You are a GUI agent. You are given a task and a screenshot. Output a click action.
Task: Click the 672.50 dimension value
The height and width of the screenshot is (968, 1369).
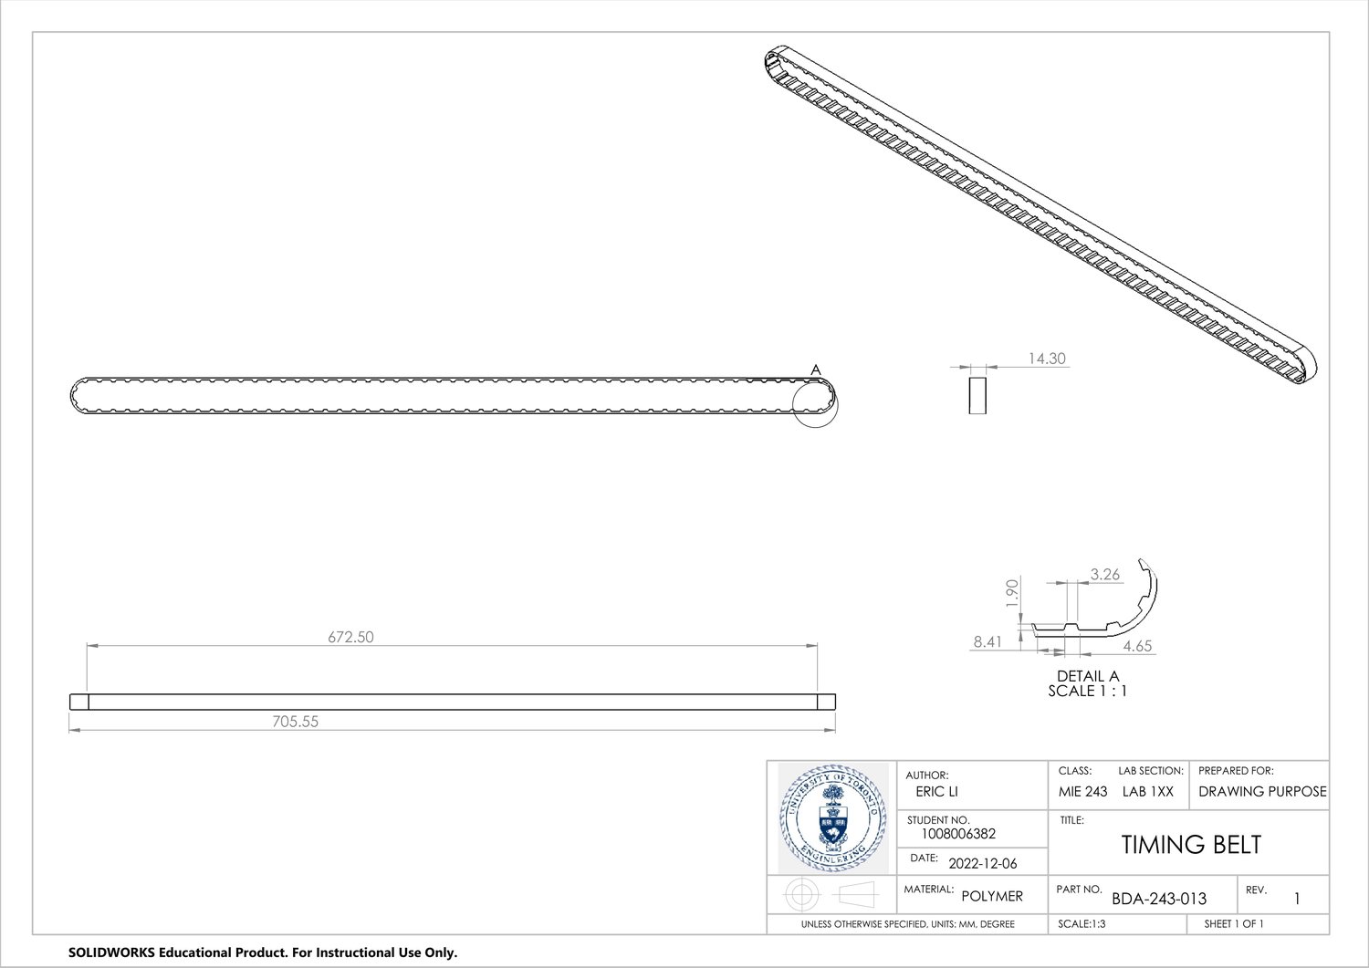(350, 637)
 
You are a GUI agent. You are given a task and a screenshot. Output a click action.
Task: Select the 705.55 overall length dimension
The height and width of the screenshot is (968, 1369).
(295, 721)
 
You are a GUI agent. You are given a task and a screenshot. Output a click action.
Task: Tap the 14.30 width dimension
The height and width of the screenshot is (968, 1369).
(1047, 359)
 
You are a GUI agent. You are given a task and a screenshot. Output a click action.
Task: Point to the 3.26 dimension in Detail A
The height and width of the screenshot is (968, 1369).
(1105, 574)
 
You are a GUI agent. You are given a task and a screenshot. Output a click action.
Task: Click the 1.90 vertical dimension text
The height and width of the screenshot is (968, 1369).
(1013, 593)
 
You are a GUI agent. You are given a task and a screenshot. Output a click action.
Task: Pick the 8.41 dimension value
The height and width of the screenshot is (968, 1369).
(988, 641)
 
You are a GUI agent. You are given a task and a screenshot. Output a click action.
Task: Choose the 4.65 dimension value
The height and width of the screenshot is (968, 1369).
(1137, 646)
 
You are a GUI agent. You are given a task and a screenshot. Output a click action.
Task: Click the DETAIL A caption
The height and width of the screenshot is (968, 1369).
(1088, 676)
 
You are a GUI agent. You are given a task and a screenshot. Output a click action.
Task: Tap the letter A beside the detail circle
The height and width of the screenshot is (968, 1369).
(815, 370)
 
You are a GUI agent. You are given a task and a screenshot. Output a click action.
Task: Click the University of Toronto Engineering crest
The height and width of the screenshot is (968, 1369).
(833, 817)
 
